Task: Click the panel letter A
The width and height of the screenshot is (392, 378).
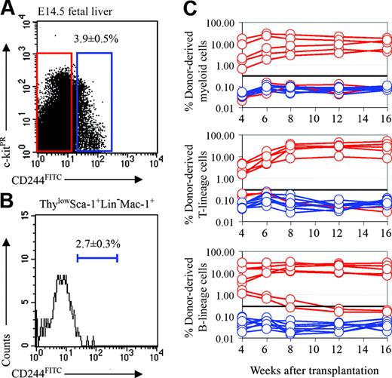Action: pyautogui.click(x=8, y=8)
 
